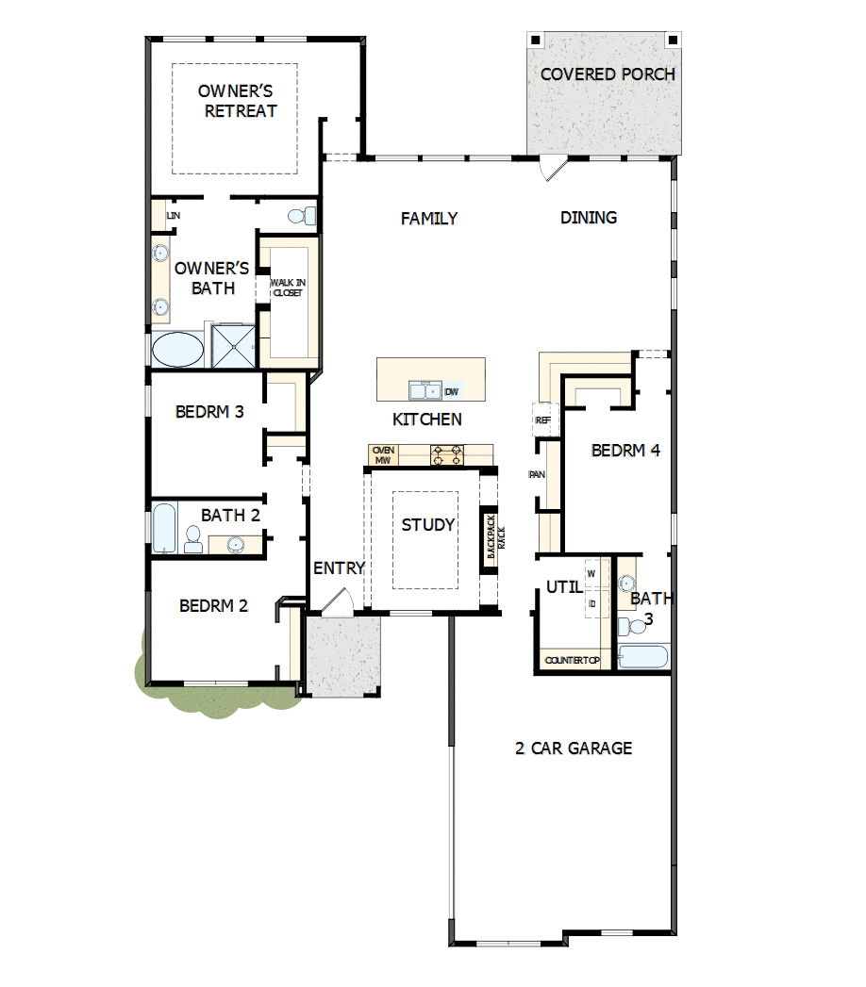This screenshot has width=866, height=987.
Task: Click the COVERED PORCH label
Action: click(x=608, y=74)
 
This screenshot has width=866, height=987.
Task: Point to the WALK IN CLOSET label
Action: click(x=288, y=288)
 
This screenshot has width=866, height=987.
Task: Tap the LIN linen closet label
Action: click(x=173, y=216)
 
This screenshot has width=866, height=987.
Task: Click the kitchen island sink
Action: click(x=425, y=389)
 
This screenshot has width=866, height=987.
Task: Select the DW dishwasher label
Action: click(x=452, y=391)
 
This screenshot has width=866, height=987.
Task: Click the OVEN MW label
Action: click(x=383, y=455)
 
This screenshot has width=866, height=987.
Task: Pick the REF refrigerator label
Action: click(x=542, y=420)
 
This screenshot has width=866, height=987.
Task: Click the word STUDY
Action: click(x=428, y=525)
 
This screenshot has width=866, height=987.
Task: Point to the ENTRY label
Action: click(x=339, y=568)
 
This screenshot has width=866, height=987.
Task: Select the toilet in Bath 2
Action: click(x=193, y=539)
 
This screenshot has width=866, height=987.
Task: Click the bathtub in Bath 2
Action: click(x=164, y=529)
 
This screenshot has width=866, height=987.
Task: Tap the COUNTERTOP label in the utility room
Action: click(x=573, y=660)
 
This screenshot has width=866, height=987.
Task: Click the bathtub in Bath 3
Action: click(x=644, y=657)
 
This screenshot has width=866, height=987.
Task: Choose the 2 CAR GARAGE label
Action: click(x=574, y=748)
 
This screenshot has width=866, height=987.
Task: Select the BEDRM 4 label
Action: click(x=625, y=451)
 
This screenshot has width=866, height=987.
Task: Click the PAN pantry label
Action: click(x=539, y=474)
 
